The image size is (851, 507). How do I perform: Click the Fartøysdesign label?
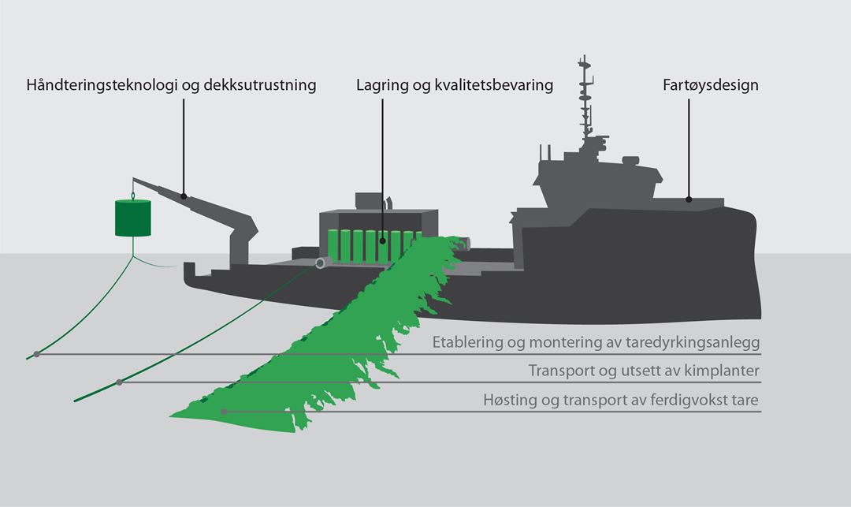[711, 85]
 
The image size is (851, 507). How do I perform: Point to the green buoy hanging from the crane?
[132, 218]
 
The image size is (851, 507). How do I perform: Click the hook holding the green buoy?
[133, 192]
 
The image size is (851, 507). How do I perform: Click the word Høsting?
[509, 401]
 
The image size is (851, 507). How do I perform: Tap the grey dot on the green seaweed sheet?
[225, 412]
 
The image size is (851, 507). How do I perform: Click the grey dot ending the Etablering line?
[36, 354]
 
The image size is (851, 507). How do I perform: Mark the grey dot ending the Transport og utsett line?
[119, 382]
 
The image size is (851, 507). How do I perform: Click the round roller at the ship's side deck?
[321, 263]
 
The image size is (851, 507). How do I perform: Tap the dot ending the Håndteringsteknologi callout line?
[184, 196]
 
